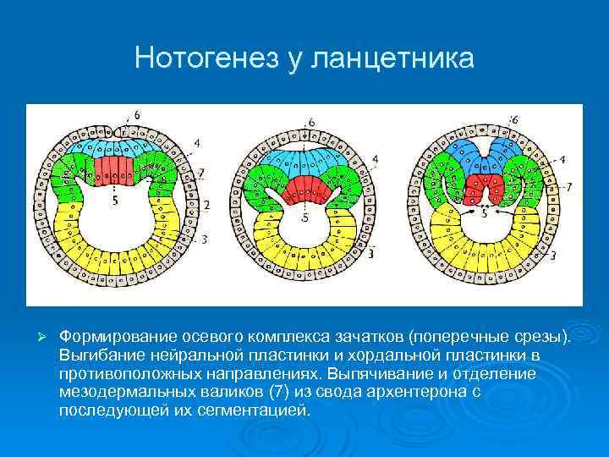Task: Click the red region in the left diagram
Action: [114, 169]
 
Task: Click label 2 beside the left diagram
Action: [207, 205]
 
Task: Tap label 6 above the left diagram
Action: [137, 115]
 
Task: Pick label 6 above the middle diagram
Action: [311, 122]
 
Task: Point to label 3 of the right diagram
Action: [552, 255]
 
